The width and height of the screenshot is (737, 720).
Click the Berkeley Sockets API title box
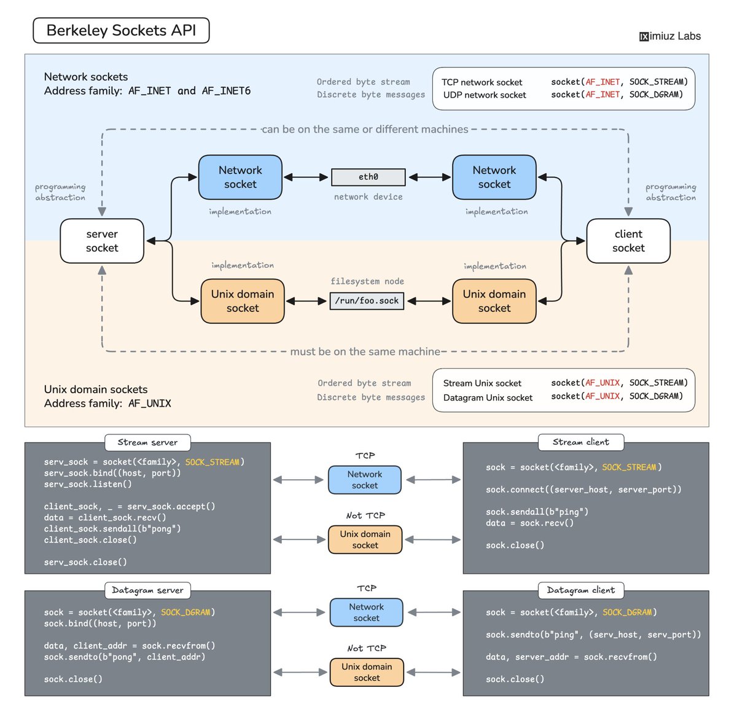(121, 30)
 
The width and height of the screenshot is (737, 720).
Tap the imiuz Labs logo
(670, 36)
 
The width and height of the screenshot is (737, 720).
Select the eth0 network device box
(368, 178)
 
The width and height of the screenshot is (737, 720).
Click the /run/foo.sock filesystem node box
(367, 301)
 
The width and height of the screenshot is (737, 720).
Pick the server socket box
(102, 241)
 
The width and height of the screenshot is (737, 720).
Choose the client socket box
(629, 241)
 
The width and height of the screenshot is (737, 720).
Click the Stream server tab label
(147, 442)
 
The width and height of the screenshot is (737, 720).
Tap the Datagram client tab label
(581, 590)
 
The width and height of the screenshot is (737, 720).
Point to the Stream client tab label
(581, 442)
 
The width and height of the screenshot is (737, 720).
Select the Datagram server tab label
(147, 590)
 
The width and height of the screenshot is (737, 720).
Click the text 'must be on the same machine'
(365, 351)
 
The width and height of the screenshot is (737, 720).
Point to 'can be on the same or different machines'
(365, 129)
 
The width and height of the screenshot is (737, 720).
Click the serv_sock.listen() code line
(88, 484)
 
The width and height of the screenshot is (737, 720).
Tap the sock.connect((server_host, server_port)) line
(583, 490)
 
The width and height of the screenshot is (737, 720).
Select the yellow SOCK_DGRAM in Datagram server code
(185, 612)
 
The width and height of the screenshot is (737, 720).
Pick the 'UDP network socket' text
(485, 95)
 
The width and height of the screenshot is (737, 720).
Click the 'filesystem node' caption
(367, 281)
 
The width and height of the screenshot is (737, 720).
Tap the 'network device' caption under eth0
(368, 197)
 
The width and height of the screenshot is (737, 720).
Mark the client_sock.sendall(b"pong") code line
(112, 529)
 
